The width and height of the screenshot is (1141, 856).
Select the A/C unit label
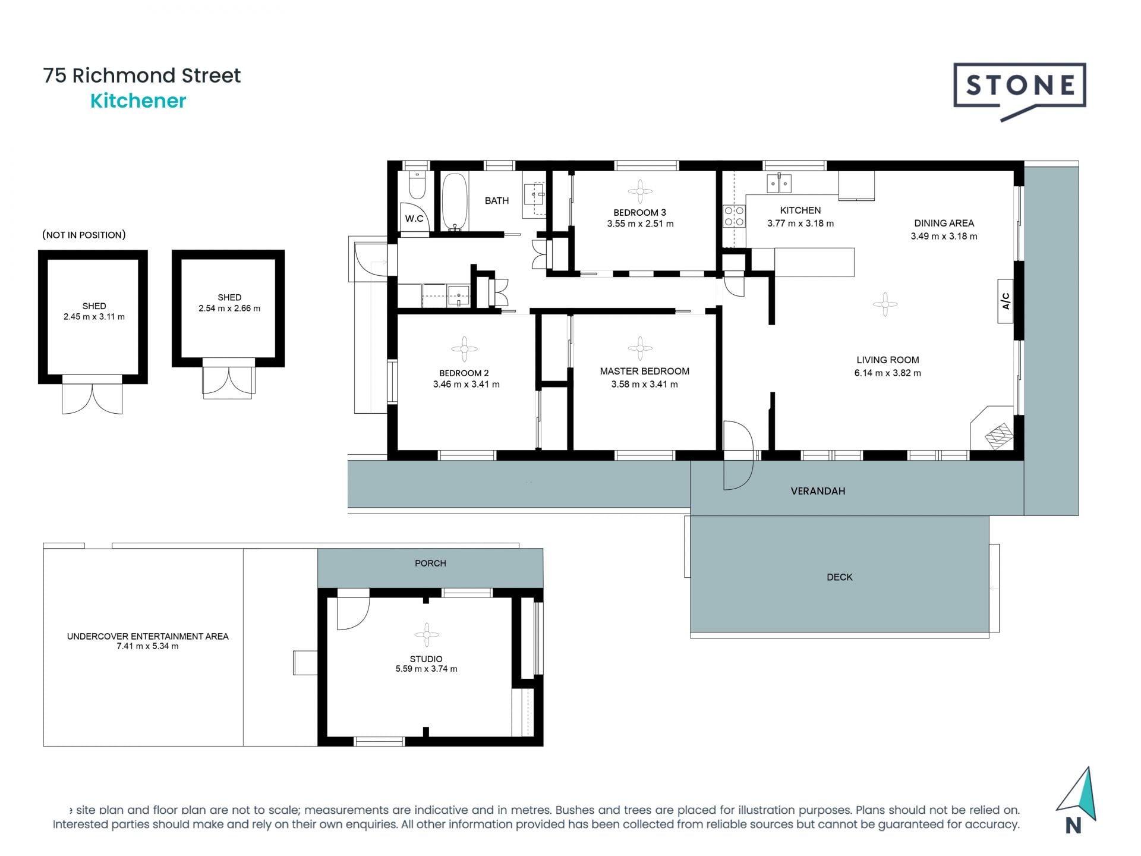1006,301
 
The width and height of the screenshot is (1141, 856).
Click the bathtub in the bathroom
455,202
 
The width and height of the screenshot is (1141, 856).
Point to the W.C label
414,219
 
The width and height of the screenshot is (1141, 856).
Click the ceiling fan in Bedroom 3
640,191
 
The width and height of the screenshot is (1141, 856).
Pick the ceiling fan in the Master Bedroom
640,348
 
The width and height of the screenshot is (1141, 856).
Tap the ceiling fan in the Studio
426,635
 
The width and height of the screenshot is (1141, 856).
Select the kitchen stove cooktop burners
735,216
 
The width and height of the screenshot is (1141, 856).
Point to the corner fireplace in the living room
992,429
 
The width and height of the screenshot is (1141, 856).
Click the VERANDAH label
818,491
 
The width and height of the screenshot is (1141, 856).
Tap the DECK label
840,577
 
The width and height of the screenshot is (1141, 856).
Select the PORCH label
430,563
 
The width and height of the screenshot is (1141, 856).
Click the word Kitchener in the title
138,101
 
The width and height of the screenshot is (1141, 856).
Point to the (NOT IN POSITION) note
84,235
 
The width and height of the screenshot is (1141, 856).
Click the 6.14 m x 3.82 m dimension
888,373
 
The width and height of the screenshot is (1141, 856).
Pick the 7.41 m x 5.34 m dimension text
147,646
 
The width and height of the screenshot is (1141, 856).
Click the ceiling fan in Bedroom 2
464,350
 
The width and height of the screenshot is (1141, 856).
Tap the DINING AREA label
944,224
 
